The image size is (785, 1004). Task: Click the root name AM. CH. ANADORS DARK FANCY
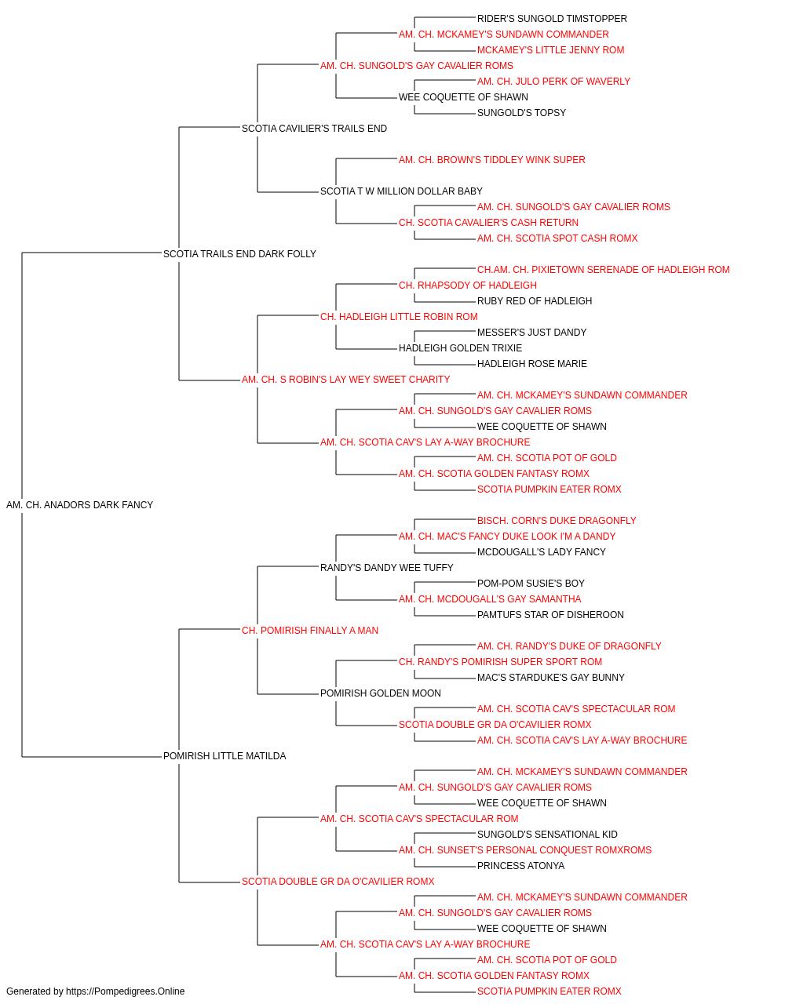79,505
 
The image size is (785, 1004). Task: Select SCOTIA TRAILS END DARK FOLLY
239,254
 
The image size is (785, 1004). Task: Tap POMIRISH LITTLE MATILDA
225,756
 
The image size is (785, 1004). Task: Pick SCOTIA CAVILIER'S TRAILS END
314,129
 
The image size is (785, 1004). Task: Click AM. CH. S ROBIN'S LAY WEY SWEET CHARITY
346,380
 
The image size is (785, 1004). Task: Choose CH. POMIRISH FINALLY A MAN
310,631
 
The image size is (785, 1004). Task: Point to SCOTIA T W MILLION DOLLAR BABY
401,191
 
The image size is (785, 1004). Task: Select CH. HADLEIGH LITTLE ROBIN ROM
399,317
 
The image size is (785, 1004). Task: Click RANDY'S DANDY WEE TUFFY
386,568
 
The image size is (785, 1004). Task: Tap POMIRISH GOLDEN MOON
381,693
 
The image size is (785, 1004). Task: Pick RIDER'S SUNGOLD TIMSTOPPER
552,19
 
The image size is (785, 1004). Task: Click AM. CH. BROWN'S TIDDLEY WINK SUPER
492,160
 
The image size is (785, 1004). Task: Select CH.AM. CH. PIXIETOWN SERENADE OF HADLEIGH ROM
604,270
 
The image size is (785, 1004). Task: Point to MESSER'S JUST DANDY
531,333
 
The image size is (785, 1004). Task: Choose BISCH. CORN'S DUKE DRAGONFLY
557,521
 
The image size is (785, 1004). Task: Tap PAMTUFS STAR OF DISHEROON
550,615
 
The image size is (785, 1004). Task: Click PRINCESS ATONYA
520,866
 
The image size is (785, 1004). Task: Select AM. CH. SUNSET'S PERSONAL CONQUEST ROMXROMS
525,850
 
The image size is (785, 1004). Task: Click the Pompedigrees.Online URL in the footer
126,991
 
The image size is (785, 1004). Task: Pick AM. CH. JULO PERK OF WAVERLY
554,82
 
